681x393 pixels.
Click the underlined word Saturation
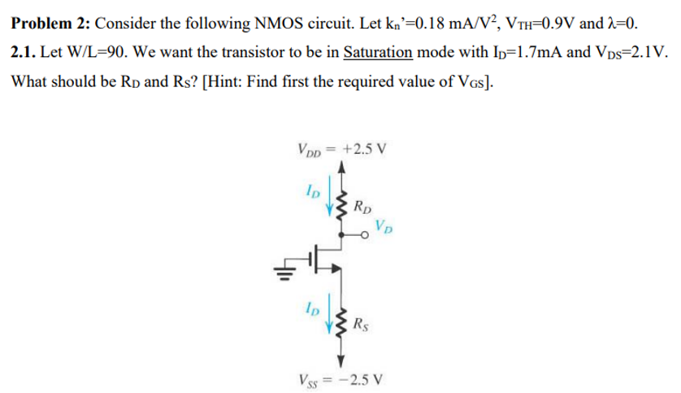(x=380, y=53)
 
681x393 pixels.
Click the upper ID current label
(x=314, y=192)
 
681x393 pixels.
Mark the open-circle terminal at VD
(x=367, y=237)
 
